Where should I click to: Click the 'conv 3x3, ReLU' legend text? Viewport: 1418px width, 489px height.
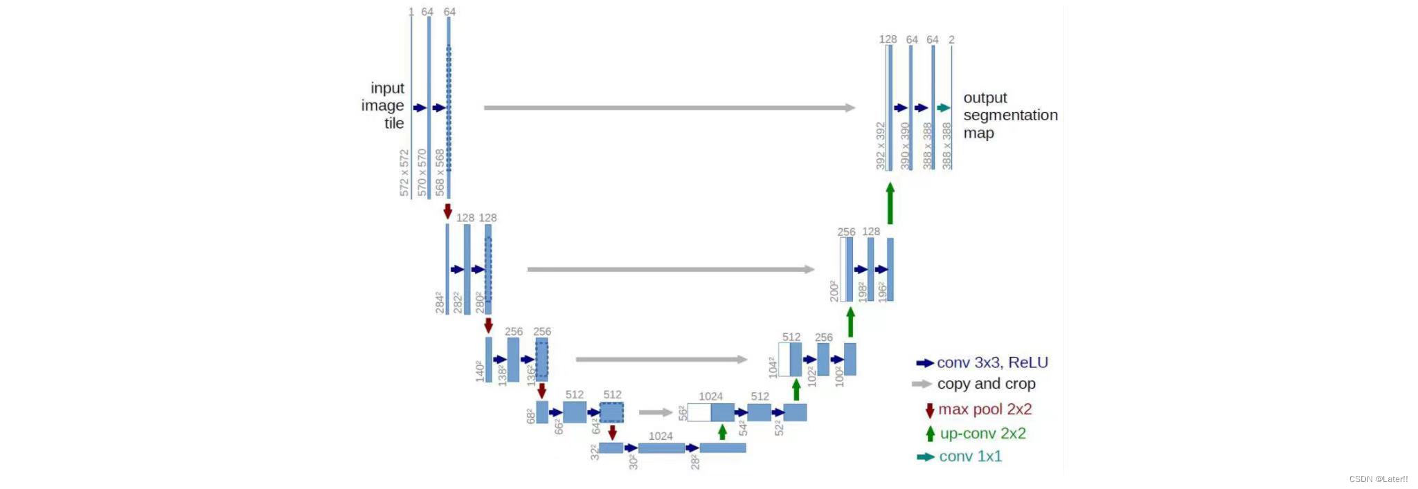click(992, 362)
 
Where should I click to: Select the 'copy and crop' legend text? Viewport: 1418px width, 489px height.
click(986, 384)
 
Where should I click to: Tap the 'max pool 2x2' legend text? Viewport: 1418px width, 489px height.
click(985, 409)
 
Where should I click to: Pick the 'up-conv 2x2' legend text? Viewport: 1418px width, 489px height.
click(982, 434)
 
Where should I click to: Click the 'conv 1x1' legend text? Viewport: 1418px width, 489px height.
click(970, 456)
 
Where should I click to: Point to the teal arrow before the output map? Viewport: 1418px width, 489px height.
click(944, 108)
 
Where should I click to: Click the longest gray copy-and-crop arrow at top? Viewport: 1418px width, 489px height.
click(669, 108)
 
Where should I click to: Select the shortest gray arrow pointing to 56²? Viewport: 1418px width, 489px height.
click(655, 412)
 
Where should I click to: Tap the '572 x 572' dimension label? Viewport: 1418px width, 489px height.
click(404, 173)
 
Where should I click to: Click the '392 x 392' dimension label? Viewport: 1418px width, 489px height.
click(881, 146)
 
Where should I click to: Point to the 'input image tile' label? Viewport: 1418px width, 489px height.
click(384, 106)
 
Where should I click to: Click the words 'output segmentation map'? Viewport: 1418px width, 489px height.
click(1009, 116)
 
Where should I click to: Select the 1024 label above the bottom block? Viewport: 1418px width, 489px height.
click(661, 436)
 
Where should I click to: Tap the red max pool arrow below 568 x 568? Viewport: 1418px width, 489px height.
click(448, 211)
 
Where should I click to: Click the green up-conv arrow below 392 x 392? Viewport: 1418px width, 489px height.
click(890, 203)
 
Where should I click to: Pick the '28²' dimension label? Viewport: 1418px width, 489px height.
click(695, 461)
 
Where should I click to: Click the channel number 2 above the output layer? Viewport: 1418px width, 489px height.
click(951, 40)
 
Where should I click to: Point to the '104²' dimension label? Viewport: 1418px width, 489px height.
click(773, 367)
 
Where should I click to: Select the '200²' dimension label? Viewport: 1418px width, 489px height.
click(834, 291)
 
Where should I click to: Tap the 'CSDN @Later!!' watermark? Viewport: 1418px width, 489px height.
click(1378, 479)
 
